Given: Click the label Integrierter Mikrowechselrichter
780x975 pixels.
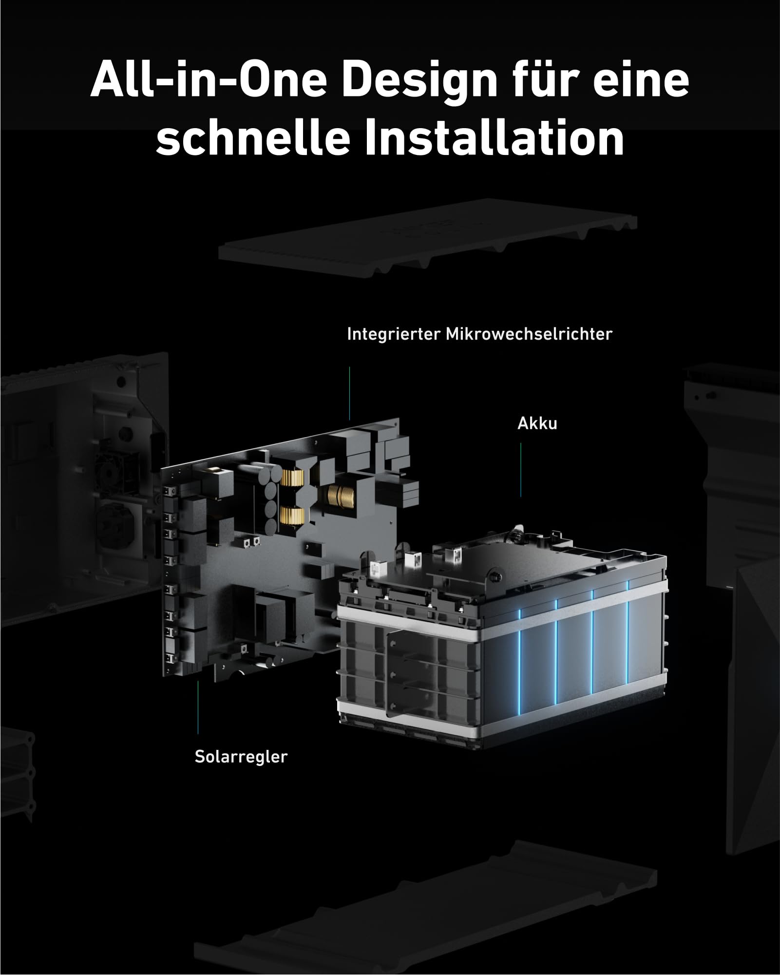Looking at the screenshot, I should coord(479,334).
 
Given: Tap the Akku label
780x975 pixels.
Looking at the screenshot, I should coord(537,424).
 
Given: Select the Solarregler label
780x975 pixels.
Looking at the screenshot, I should coord(241,757).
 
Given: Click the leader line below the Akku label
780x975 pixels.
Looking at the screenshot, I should coord(520,470).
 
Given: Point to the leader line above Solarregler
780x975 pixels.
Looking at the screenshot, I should coord(198,707).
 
